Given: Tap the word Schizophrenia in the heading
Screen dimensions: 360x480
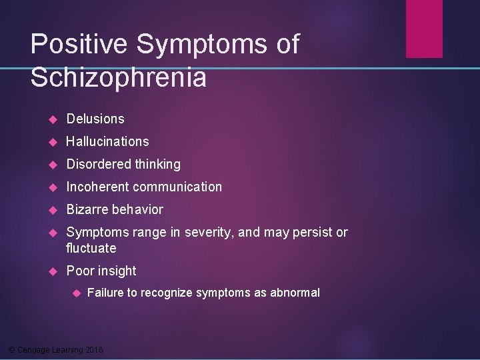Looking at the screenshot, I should (118, 78).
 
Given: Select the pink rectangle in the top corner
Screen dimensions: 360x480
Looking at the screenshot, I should (424, 28).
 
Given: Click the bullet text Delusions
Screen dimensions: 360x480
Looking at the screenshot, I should (95, 119).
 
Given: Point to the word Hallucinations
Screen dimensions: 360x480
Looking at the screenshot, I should (107, 141).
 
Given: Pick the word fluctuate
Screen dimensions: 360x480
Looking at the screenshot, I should (91, 248).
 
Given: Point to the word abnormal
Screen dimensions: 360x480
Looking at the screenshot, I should (295, 292).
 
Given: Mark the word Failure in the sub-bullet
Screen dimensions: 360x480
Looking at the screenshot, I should (105, 292).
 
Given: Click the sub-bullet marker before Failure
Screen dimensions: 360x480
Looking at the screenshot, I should (76, 293).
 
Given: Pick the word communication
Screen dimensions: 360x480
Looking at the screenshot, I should (179, 187).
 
